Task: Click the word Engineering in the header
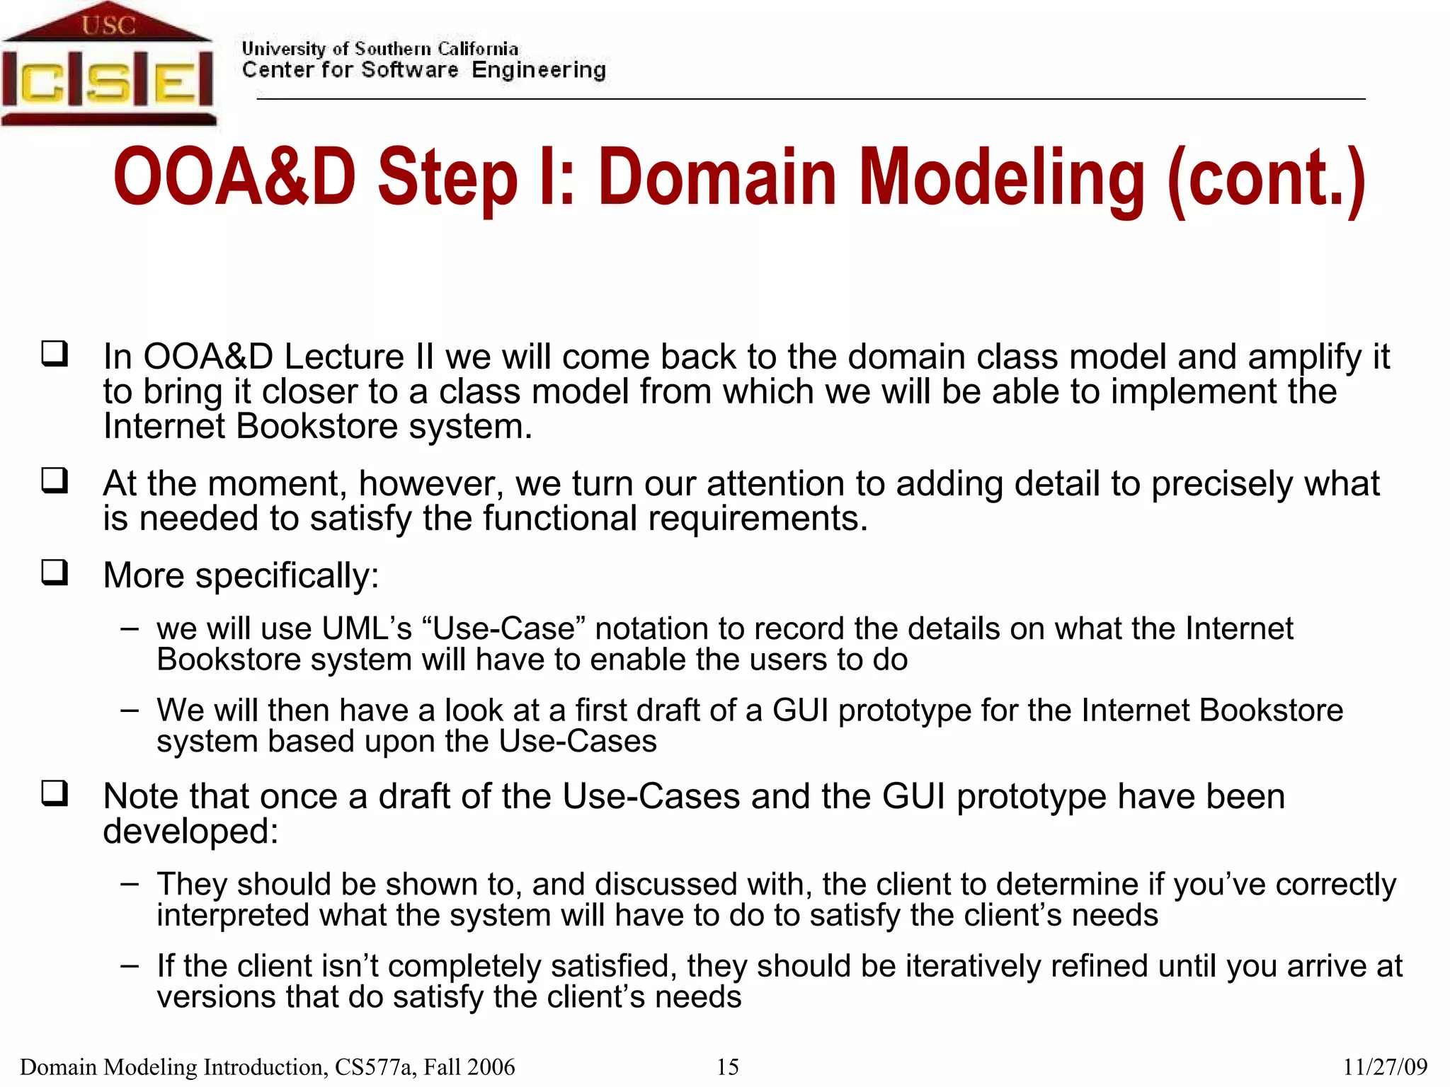pos(538,70)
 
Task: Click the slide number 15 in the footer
pos(727,1066)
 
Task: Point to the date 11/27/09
pos(1385,1066)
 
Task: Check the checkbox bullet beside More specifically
pos(55,572)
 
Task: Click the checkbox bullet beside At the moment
pos(55,481)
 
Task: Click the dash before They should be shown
pos(130,883)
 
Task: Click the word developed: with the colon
pos(190,832)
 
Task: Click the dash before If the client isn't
pos(130,965)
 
